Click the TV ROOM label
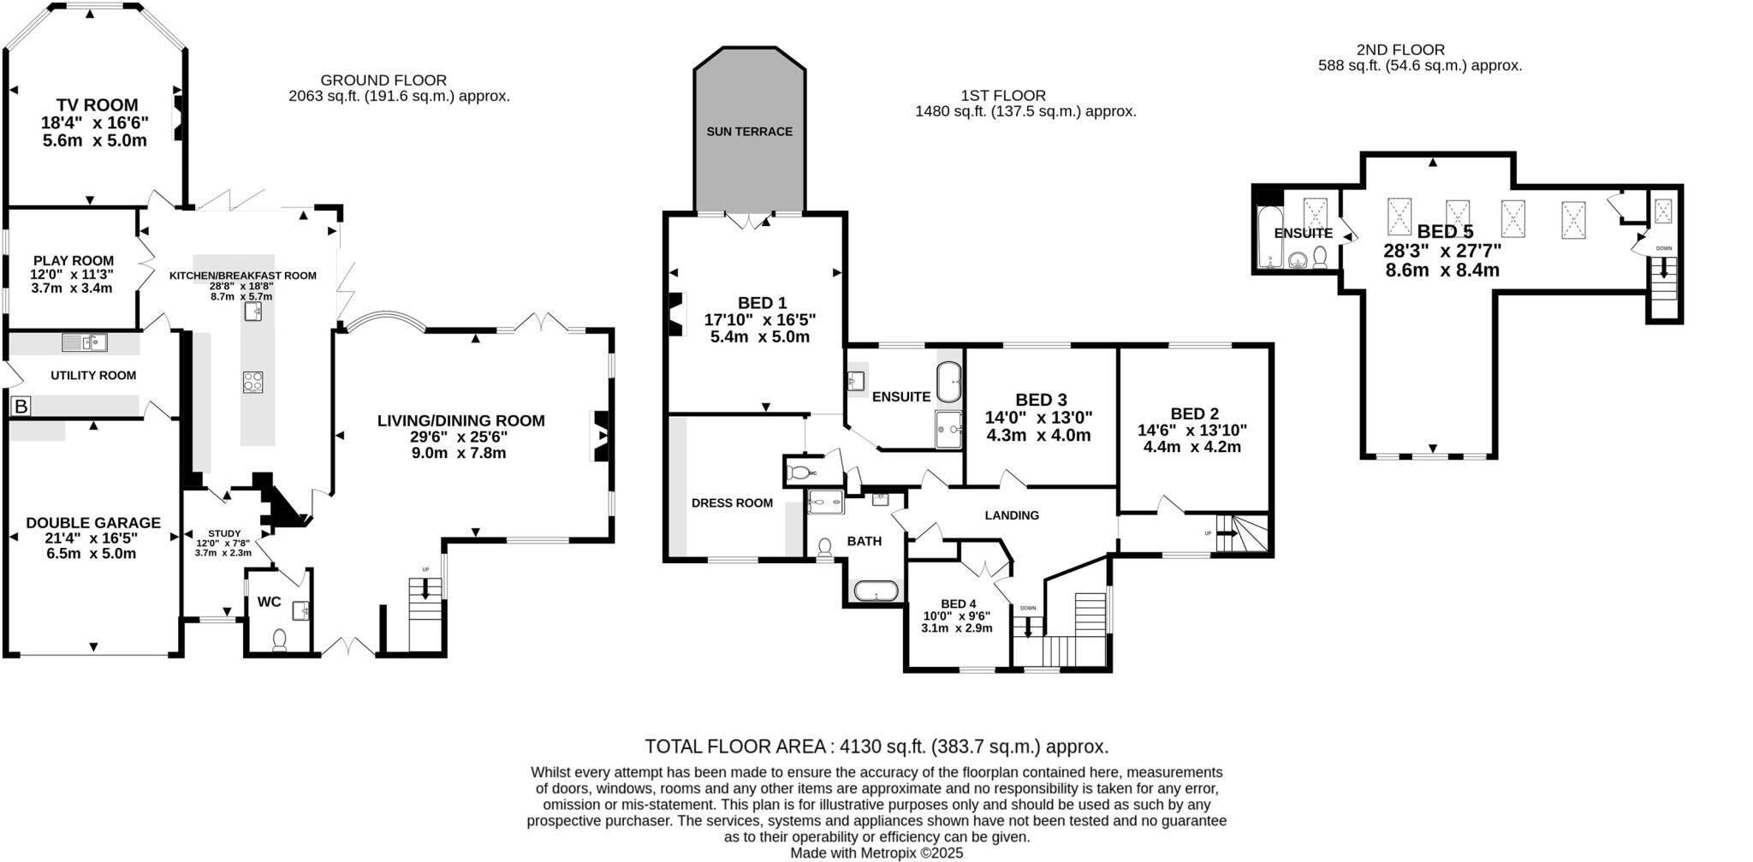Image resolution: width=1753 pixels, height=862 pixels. point(97,105)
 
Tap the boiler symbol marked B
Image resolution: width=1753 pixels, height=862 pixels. point(21,407)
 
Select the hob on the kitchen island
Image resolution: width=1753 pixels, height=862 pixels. point(253,381)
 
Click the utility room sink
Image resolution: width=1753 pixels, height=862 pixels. point(84,342)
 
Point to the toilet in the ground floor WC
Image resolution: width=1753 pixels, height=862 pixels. point(279,639)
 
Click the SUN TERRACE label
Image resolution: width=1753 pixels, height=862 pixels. point(749,132)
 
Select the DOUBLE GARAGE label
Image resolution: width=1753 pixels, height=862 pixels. point(92,522)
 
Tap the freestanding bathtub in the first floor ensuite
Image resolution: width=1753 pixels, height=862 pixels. point(949,382)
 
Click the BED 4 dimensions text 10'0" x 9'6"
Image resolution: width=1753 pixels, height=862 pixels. point(957,615)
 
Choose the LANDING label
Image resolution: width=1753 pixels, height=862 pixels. point(1012,515)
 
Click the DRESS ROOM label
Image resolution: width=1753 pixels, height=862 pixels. point(732,503)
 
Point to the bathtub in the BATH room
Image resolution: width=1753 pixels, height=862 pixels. point(876,591)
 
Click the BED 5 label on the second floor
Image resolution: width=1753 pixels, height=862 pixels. point(1445,231)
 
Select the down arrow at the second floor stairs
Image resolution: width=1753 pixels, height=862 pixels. point(1663,268)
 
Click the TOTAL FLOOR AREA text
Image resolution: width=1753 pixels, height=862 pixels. point(876,746)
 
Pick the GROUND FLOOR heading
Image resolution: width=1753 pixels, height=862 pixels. point(383,80)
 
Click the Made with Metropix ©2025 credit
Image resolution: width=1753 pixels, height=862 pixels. point(876,853)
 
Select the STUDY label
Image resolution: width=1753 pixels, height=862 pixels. point(224,533)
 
